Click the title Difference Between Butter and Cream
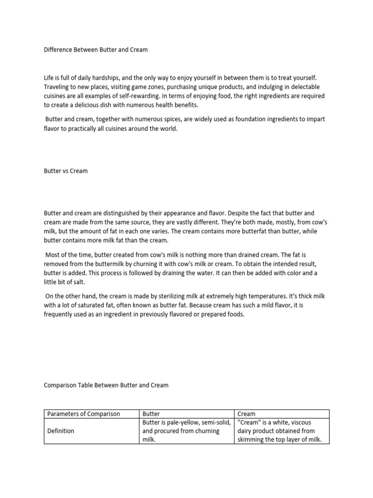point(96,50)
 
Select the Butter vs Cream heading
point(66,171)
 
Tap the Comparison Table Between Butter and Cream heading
point(106,385)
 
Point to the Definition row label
point(61,431)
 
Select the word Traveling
point(58,87)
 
